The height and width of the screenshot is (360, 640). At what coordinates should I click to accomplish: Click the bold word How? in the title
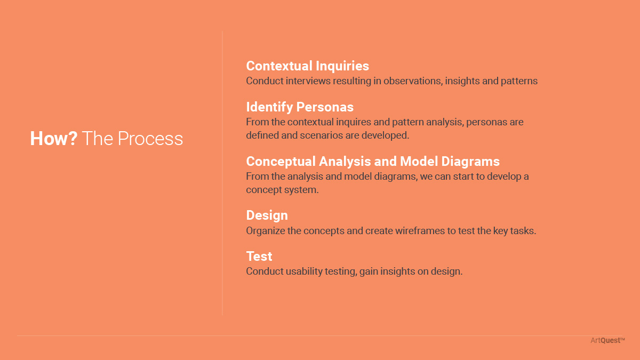click(x=54, y=139)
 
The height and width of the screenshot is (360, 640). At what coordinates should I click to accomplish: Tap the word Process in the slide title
click(x=150, y=139)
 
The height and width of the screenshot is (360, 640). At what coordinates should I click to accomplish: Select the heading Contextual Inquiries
click(x=307, y=66)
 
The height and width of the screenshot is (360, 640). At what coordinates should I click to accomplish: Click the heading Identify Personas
click(x=300, y=107)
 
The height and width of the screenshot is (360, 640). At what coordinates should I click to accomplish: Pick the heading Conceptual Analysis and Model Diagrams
click(x=373, y=162)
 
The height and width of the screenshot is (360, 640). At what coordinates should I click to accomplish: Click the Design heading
click(x=267, y=215)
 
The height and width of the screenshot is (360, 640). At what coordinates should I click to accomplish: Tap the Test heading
click(x=259, y=257)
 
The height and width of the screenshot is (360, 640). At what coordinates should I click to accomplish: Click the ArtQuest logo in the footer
click(x=607, y=340)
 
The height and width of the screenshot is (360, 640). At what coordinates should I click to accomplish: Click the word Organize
click(x=266, y=231)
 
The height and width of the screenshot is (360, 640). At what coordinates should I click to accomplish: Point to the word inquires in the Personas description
click(x=354, y=122)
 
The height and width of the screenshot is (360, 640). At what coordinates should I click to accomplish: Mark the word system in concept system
click(x=301, y=190)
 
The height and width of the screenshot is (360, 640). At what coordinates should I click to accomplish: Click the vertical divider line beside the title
click(x=222, y=173)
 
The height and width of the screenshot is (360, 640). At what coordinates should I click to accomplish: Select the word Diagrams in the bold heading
click(x=470, y=162)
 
